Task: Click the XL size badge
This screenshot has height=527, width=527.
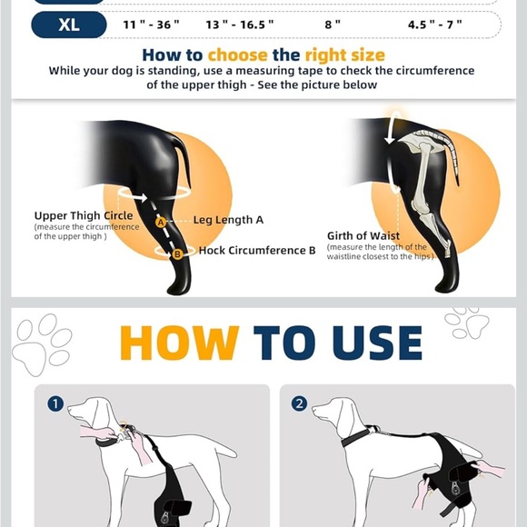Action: click(x=69, y=25)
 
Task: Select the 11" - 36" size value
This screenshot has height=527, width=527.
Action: click(x=152, y=25)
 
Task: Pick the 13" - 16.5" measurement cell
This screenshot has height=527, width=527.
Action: click(x=239, y=25)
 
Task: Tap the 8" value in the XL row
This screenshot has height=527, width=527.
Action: click(x=333, y=25)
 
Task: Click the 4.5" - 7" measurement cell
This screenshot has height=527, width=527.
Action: click(x=433, y=25)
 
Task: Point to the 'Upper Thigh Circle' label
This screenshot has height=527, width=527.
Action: click(x=84, y=216)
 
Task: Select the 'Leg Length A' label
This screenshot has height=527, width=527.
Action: click(x=228, y=220)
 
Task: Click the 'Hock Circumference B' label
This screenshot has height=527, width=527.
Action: click(x=257, y=251)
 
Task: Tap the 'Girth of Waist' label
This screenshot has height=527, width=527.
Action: click(x=363, y=236)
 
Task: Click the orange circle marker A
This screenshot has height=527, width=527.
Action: click(x=161, y=222)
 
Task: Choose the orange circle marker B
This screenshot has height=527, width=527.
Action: click(x=178, y=254)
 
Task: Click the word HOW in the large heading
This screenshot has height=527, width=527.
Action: click(x=179, y=343)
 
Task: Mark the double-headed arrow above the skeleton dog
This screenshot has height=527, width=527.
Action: click(x=390, y=126)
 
